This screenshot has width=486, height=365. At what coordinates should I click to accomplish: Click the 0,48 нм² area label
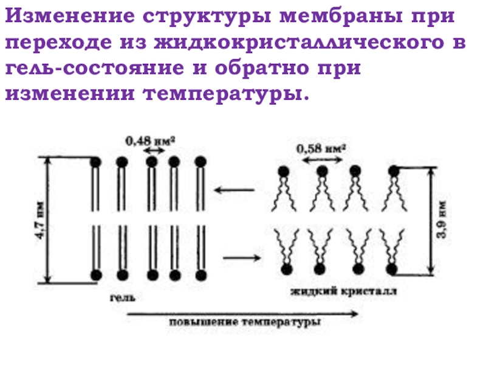[150, 141]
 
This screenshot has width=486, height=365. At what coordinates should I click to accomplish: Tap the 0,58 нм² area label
[321, 148]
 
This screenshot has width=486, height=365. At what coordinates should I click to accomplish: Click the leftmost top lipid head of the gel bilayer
[95, 162]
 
